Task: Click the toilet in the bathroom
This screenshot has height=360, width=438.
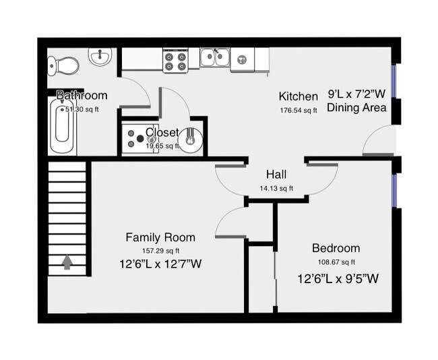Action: (63, 65)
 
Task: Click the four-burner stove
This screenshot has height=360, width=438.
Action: (175, 60)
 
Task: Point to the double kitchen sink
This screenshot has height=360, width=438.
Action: (215, 57)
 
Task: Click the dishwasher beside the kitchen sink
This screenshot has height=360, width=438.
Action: (241, 59)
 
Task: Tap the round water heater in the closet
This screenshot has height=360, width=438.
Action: (191, 137)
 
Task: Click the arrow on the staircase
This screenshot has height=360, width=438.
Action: (67, 262)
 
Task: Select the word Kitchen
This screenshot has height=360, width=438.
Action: (298, 96)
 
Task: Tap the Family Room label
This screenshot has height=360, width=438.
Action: (160, 237)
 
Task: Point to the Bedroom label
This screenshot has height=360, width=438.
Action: (336, 248)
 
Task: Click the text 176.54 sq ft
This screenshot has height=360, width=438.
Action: (298, 111)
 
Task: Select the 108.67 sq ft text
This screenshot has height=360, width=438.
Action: (336, 262)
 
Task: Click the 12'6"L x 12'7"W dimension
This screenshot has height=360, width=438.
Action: (160, 264)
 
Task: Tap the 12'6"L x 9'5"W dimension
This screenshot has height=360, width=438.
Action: (338, 278)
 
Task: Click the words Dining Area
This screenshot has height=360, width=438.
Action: (356, 108)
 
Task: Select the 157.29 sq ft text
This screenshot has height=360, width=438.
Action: (160, 250)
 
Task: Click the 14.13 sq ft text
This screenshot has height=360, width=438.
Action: (276, 189)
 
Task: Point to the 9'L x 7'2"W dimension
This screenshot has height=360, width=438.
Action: (357, 94)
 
